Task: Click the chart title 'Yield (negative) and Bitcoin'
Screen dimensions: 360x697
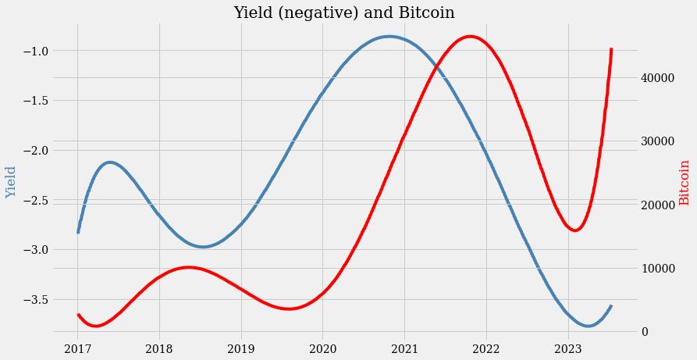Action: click(x=343, y=13)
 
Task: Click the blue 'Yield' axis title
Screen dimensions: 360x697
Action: click(x=11, y=182)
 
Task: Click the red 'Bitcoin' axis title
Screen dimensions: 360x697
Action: click(x=685, y=182)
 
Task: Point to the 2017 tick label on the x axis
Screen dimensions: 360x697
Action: click(x=77, y=348)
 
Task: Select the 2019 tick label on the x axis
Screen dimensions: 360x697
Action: click(x=240, y=348)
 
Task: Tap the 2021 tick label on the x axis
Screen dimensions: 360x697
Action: click(x=404, y=348)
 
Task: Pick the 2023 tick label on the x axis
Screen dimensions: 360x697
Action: click(x=567, y=348)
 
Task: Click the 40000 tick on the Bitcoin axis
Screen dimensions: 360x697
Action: click(x=658, y=78)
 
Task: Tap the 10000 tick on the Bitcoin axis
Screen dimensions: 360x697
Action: click(x=658, y=269)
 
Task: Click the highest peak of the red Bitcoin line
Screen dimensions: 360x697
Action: click(x=470, y=37)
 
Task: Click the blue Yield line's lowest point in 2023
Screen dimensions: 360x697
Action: click(x=589, y=326)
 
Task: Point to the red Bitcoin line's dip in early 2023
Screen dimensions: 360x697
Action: click(x=575, y=230)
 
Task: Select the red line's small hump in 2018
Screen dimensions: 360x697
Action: click(x=188, y=268)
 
